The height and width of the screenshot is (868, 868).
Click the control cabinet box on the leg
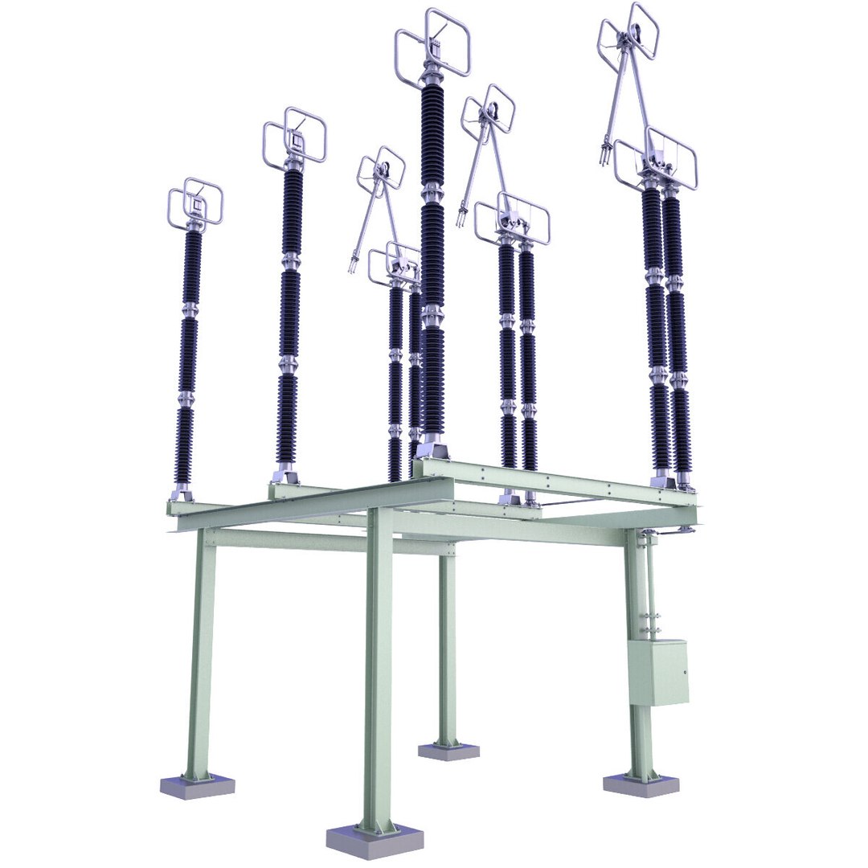tap(657, 672)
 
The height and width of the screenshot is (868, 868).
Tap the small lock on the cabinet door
tap(684, 673)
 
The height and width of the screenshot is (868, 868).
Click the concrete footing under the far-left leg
tap(197, 784)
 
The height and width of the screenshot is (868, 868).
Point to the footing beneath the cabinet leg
tap(641, 784)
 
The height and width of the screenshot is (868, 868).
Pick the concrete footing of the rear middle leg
tap(448, 751)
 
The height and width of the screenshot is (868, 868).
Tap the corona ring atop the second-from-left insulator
tap(294, 137)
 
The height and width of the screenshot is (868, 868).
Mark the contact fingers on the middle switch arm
tap(462, 215)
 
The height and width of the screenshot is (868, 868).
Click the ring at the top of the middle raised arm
tap(489, 109)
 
